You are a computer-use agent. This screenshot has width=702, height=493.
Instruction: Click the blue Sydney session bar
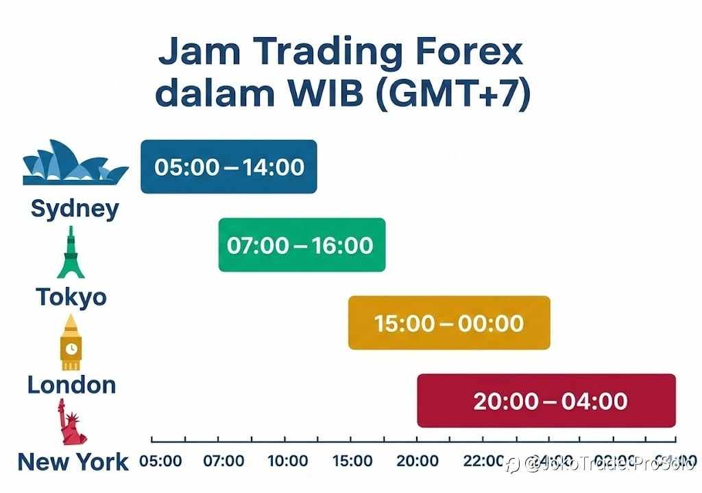pos(228,167)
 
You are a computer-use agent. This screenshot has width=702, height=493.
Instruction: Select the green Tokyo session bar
pos(302,245)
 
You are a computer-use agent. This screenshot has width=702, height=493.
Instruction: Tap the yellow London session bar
pos(449,323)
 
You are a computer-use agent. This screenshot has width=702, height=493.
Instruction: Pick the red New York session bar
pos(546,401)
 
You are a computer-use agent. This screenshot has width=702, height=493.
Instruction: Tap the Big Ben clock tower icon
pos(71,342)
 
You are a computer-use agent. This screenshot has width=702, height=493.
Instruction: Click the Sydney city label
pos(75,208)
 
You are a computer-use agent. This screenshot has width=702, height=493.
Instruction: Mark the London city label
pos(71,385)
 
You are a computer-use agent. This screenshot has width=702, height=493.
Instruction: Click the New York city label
pos(73,462)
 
